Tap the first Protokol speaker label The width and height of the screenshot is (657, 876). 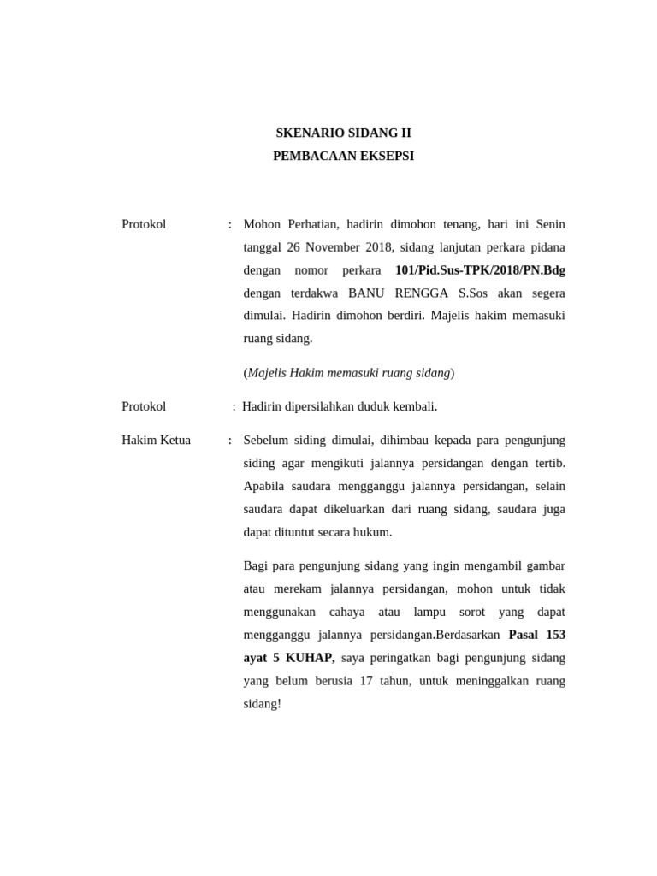tap(144, 224)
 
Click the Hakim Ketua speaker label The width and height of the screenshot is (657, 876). tap(156, 441)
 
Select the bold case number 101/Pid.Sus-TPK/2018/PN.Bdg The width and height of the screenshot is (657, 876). tap(480, 270)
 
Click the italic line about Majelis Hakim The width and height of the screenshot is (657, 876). tap(349, 373)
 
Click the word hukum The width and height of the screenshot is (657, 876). tap(374, 532)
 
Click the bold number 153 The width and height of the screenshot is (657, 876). tap(555, 636)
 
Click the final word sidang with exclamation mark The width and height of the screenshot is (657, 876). tap(262, 705)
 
